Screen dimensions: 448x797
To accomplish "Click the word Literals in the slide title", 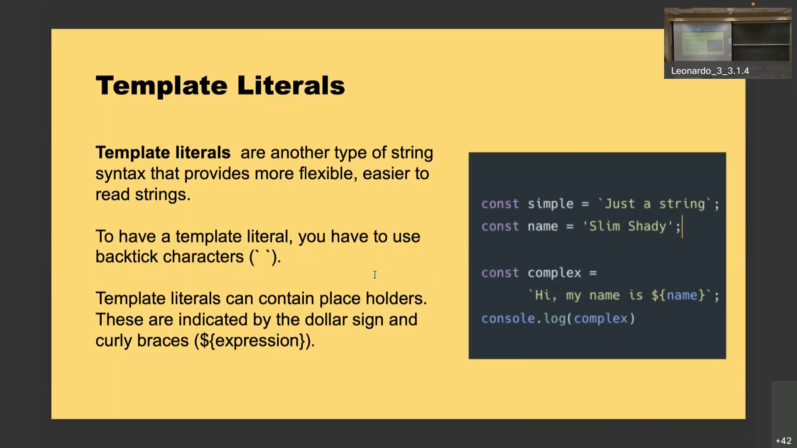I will coord(291,85).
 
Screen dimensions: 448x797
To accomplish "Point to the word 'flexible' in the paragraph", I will coord(328,173).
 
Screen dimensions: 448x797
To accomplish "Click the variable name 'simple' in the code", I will coord(550,204).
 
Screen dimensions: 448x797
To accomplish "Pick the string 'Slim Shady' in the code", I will coord(628,226).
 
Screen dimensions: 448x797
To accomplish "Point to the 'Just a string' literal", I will coord(655,204).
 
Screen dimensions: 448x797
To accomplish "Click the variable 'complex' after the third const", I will coord(554,273).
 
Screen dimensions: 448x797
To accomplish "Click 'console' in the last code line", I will coord(508,319).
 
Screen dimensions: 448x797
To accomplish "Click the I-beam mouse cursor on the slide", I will coord(375,275).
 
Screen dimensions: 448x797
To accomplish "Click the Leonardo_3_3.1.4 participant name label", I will coord(710,71).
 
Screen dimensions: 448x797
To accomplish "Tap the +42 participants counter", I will coord(783,441).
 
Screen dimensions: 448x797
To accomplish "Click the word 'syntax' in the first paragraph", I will coord(120,173).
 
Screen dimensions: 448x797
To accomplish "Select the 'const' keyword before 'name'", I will coord(500,226).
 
